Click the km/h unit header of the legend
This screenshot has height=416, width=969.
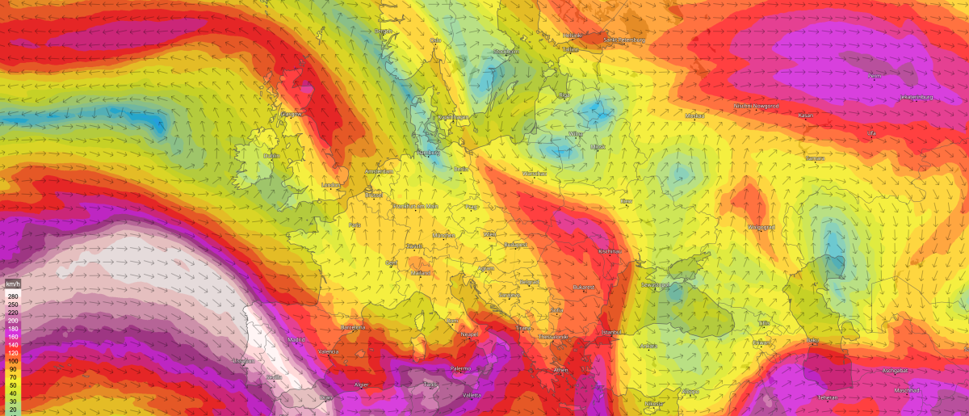pos(11,285)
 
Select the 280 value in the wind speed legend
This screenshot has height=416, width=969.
pos(11,296)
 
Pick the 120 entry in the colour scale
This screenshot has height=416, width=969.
pos(11,353)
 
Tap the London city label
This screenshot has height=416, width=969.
pos(331,185)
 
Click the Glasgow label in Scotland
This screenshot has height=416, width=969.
pos(292,114)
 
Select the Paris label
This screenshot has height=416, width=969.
pos(354,225)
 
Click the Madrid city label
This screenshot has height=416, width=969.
pos(296,340)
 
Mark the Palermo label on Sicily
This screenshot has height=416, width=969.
pos(460,368)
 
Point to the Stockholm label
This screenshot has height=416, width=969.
pos(505,52)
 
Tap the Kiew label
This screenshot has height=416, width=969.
pos(627,200)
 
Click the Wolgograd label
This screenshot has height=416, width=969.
pos(761,227)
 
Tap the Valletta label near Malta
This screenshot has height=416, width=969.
pos(472,395)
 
